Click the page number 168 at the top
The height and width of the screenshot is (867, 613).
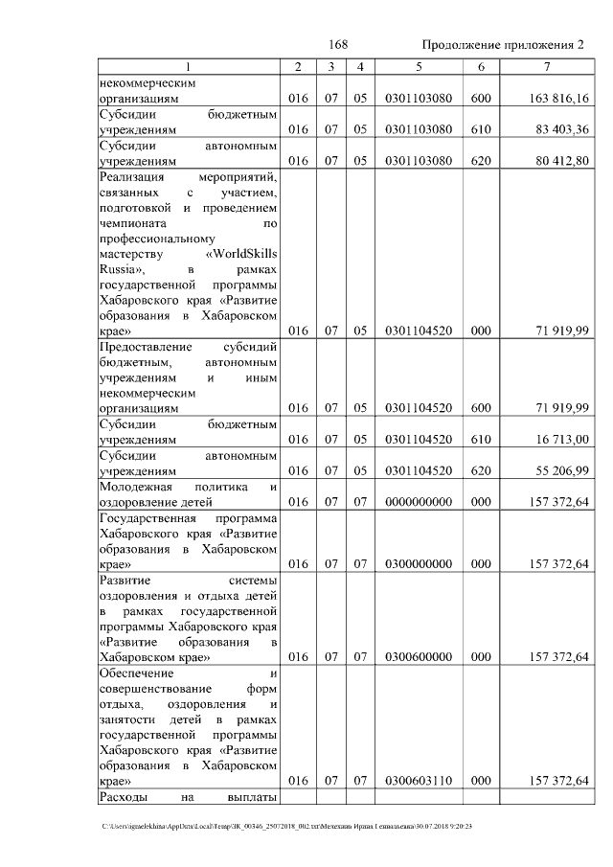click(x=337, y=45)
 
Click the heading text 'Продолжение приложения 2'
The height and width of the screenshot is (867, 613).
click(x=502, y=45)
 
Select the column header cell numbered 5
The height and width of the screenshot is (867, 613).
click(x=418, y=67)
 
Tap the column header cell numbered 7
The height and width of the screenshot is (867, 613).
click(x=546, y=67)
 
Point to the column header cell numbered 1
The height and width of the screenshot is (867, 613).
click(x=188, y=67)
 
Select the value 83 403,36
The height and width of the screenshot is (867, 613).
click(x=562, y=129)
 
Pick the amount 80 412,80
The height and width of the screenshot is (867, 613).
click(x=562, y=160)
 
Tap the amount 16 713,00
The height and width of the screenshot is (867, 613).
click(x=562, y=440)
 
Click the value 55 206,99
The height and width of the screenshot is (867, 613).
click(x=562, y=470)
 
